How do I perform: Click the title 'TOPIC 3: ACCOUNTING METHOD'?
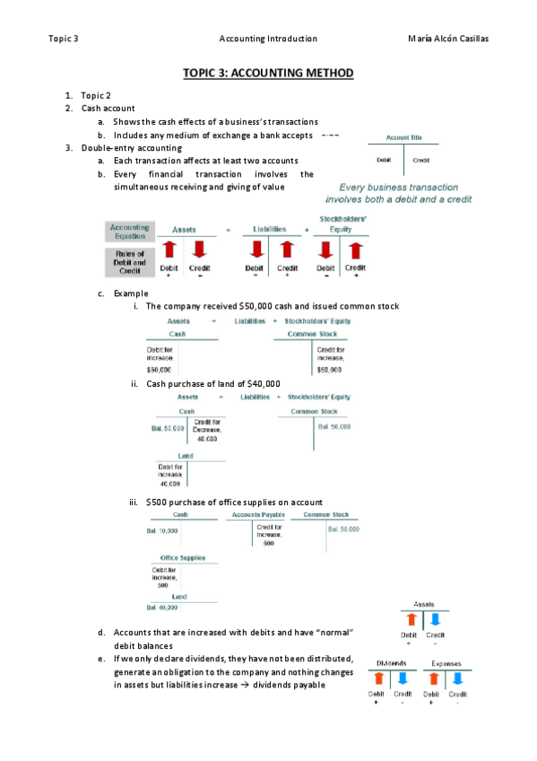click(x=268, y=73)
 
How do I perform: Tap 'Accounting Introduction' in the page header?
click(x=268, y=39)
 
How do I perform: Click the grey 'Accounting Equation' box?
click(x=129, y=232)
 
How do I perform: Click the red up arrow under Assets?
click(x=169, y=249)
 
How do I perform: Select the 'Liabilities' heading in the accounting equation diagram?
click(x=270, y=230)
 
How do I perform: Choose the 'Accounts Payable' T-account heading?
click(x=258, y=514)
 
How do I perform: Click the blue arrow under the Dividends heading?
click(x=403, y=679)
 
